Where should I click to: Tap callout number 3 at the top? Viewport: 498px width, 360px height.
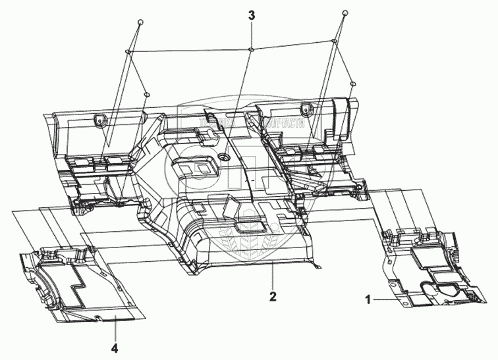pyautogui.click(x=250, y=14)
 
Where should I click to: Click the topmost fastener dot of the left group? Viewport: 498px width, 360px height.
pyautogui.click(x=140, y=22)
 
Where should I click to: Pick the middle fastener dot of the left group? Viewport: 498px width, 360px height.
pyautogui.click(x=125, y=51)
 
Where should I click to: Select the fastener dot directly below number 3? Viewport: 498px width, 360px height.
pyautogui.click(x=252, y=48)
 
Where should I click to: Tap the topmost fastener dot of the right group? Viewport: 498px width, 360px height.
pyautogui.click(x=344, y=13)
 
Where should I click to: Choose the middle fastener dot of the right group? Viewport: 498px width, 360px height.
pyautogui.click(x=335, y=42)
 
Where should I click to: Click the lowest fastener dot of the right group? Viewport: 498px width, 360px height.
pyautogui.click(x=353, y=84)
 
